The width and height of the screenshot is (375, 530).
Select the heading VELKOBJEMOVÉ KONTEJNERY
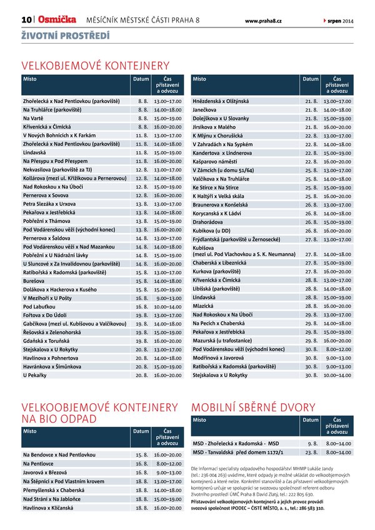click(96, 66)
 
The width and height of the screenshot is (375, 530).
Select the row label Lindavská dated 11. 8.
click(34, 152)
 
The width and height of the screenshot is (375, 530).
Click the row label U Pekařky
click(35, 376)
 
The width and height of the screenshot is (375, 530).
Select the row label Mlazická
click(204, 307)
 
